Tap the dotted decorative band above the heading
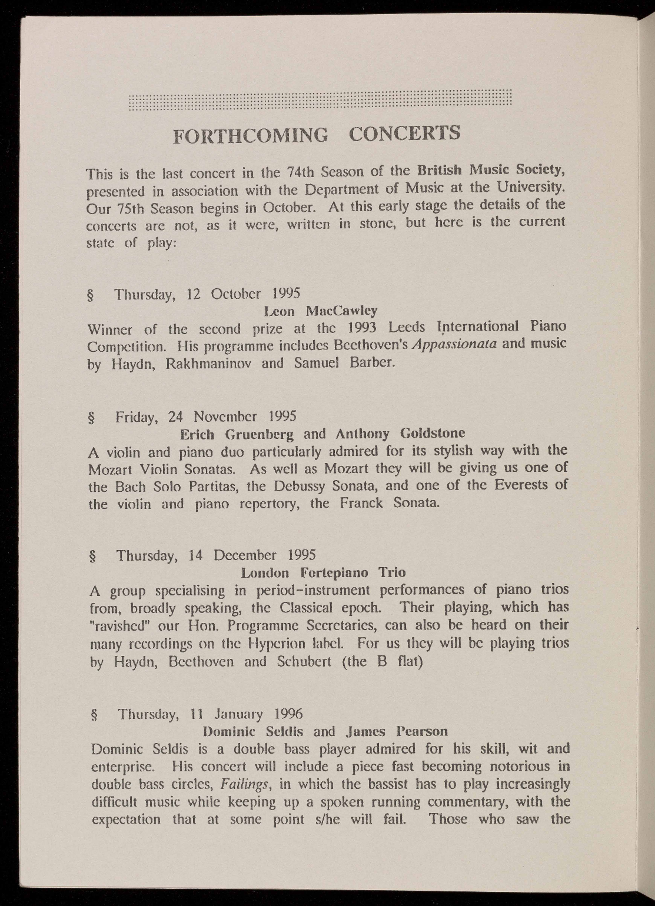click(x=321, y=101)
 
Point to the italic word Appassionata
click(x=461, y=344)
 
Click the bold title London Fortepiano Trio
click(x=324, y=572)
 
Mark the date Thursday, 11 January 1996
click(x=210, y=715)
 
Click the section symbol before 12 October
click(x=92, y=294)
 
